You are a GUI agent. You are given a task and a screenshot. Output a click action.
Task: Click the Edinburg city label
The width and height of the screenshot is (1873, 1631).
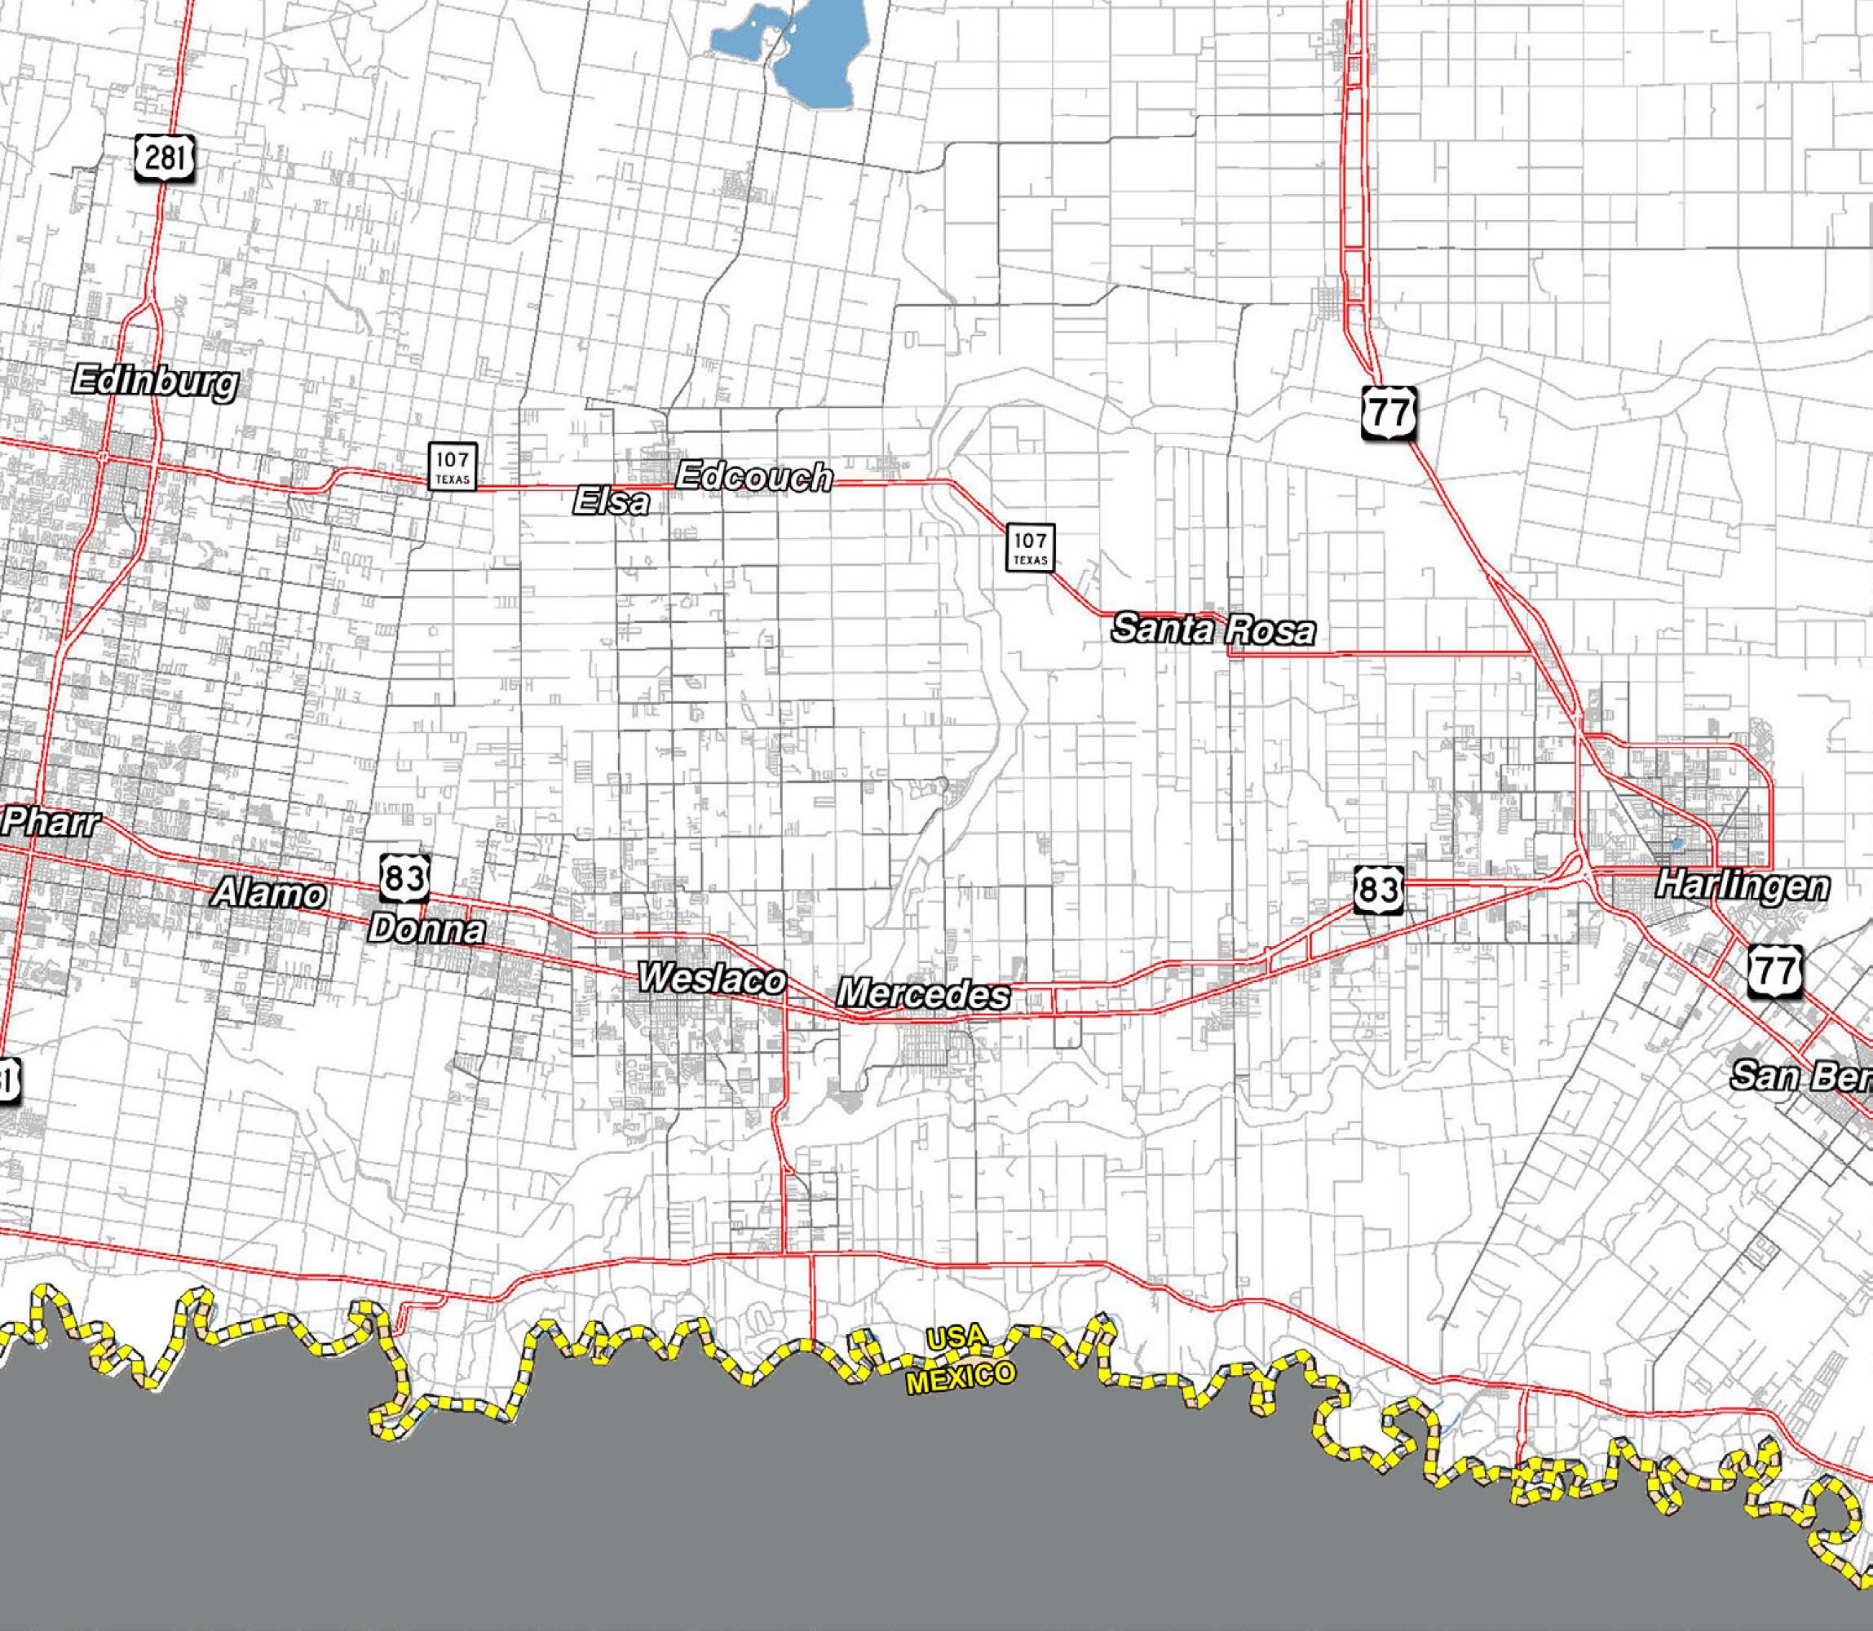point(155,382)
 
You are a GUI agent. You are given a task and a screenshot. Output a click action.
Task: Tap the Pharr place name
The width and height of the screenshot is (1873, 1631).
point(51,823)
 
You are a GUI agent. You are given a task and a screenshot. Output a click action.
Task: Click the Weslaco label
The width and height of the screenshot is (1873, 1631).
point(712,979)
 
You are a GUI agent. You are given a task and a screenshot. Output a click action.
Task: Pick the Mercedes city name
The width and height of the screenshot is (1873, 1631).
point(923,993)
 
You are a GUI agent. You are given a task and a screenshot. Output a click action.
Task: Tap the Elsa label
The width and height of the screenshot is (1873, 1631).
point(612,502)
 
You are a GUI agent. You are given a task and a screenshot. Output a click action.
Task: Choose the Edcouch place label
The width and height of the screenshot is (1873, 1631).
point(753,476)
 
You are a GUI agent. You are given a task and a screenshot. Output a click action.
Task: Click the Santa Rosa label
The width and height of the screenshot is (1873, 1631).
point(1213,629)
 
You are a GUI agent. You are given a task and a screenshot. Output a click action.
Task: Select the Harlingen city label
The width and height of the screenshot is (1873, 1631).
point(1741,886)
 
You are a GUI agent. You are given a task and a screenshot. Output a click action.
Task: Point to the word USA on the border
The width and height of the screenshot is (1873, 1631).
point(956,1338)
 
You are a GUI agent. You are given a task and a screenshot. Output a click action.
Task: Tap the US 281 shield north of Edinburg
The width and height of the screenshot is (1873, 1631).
point(164,158)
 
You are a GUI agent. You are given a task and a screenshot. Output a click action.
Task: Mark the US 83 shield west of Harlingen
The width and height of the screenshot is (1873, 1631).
point(1377,889)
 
